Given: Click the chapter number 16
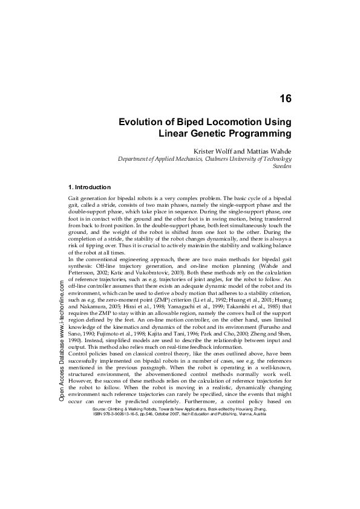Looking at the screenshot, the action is click(x=286, y=98).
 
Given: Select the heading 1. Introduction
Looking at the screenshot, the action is click(x=91, y=187).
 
